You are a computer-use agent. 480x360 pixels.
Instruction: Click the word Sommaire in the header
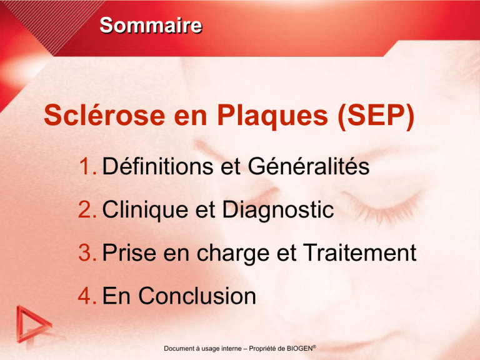click(151, 25)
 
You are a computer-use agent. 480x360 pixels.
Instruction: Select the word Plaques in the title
click(272, 117)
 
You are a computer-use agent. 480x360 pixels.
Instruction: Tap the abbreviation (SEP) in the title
click(376, 116)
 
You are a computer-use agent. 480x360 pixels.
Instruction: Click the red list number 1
click(87, 166)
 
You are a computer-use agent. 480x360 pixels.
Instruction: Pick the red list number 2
click(87, 210)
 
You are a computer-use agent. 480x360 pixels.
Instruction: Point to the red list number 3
click(87, 253)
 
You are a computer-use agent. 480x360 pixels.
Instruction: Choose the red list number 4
click(87, 296)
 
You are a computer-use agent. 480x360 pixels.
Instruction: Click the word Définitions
click(157, 166)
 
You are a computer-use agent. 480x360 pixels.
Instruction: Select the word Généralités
click(309, 166)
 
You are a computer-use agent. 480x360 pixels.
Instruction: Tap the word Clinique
click(145, 211)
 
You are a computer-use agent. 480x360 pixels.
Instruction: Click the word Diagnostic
click(278, 211)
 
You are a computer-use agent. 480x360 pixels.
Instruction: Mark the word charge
click(233, 254)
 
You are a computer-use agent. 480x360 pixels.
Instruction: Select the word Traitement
click(360, 253)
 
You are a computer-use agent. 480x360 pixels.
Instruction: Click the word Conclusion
click(197, 296)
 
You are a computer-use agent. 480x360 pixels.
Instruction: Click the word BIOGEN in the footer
click(299, 348)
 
